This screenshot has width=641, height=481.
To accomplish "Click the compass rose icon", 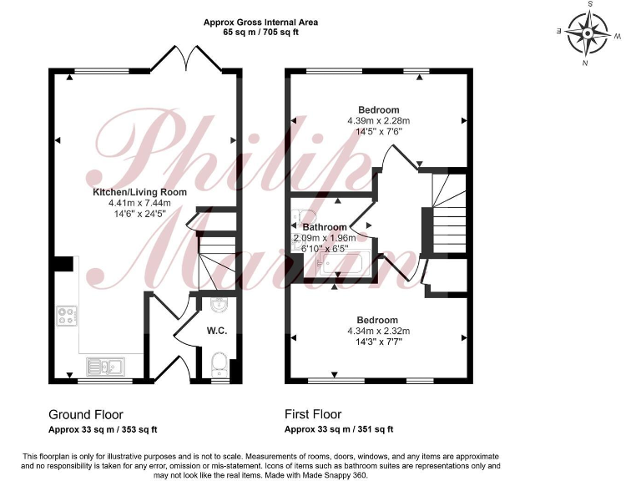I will pos(590,33).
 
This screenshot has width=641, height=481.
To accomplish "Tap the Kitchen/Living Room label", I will pos(139,192).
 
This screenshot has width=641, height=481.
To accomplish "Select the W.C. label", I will pos(217,331).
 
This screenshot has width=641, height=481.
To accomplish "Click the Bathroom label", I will pos(325,227).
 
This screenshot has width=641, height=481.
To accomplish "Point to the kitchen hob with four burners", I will pos(68,316).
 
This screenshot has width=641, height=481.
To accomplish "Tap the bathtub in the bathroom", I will pos(334,265).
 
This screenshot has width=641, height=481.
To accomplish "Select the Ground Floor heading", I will pos(86,414).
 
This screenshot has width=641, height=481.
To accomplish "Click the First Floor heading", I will pos(313,414).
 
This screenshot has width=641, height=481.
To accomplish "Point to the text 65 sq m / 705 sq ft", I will pos(260,33).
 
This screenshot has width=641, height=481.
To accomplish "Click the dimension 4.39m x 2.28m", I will pos(379,120).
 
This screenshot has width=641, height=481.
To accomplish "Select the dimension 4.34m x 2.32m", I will pos(378,331).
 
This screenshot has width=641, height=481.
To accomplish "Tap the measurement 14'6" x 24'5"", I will pos(139,214).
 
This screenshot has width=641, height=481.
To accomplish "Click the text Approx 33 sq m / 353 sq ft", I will pos(103,429).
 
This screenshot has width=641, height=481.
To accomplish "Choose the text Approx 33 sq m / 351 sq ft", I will pos(339,429).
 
